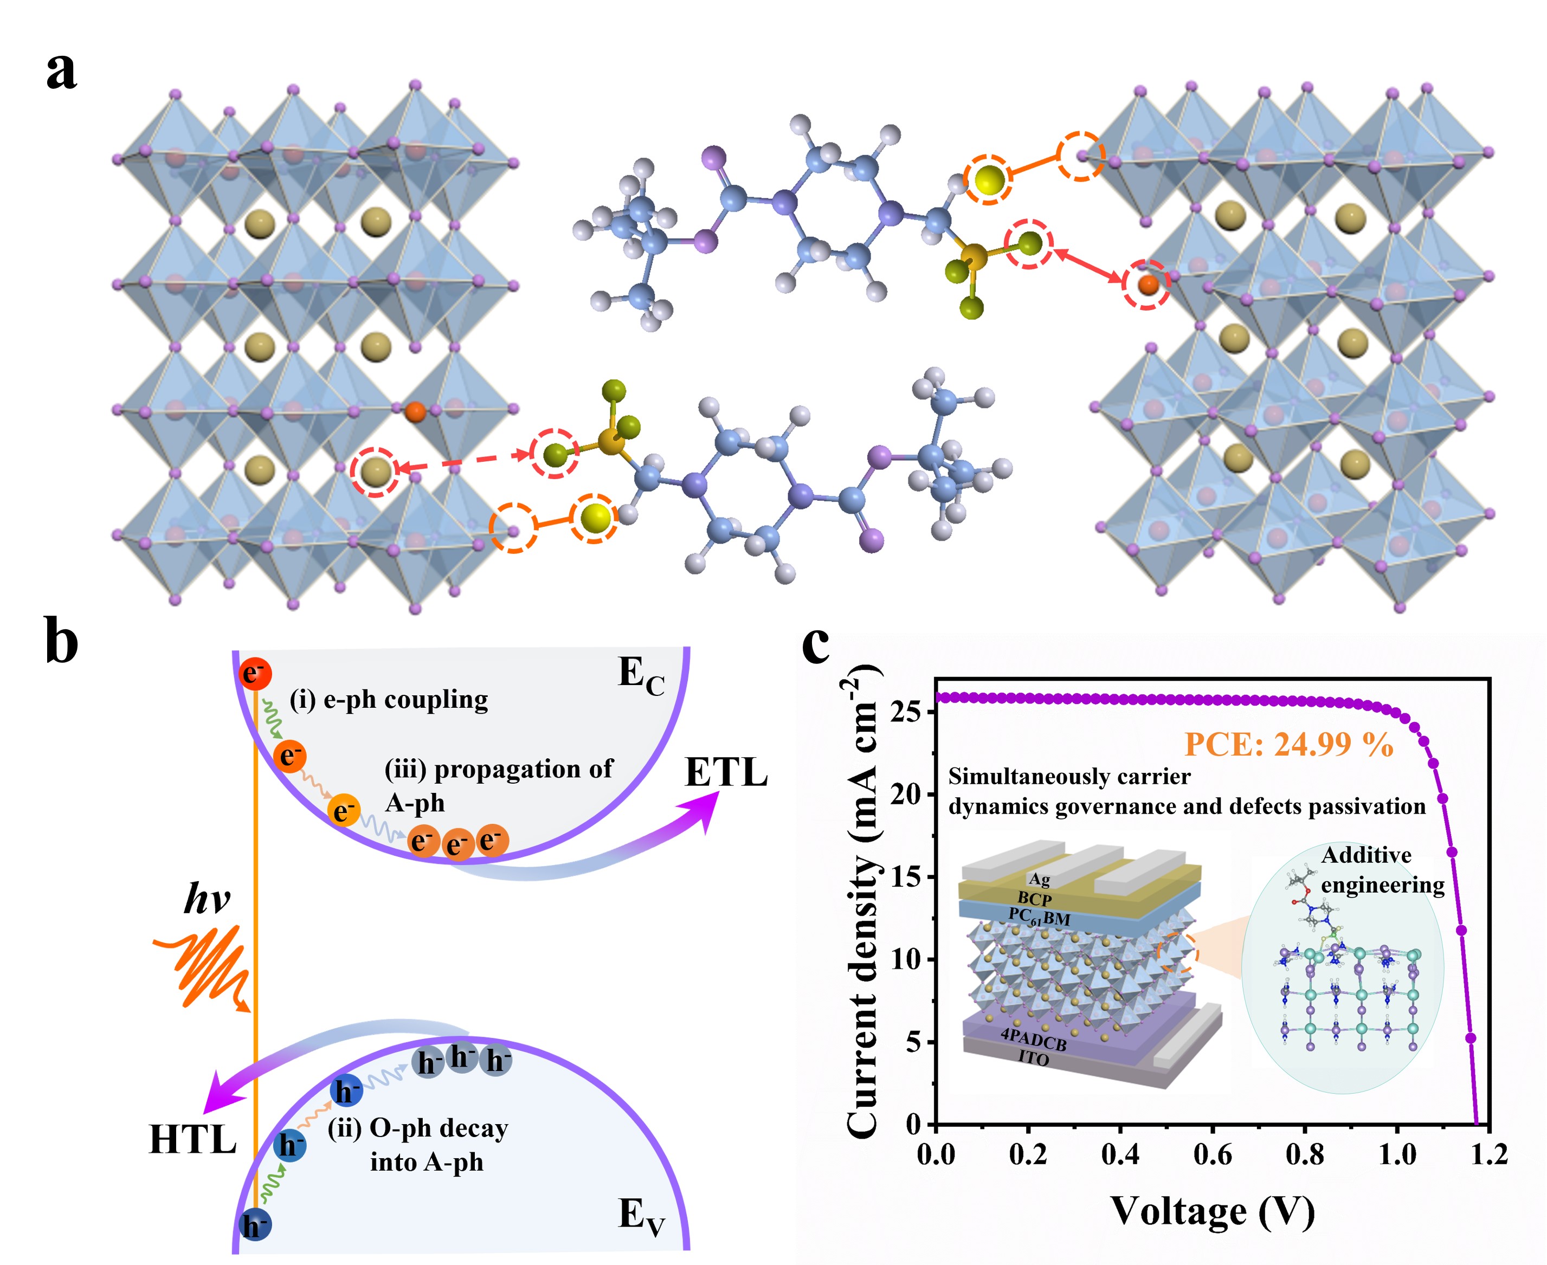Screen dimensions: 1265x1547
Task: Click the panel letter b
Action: pyautogui.click(x=61, y=642)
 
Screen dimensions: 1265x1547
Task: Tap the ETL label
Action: pyautogui.click(x=726, y=772)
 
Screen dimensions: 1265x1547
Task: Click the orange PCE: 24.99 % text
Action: pyautogui.click(x=1288, y=744)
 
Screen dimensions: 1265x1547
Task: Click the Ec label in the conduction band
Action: pyautogui.click(x=641, y=675)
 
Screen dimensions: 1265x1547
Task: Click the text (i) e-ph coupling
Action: pyautogui.click(x=389, y=700)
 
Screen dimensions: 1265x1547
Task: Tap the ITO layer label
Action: pyautogui.click(x=1033, y=1057)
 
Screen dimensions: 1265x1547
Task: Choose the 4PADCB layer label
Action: pyautogui.click(x=1033, y=1039)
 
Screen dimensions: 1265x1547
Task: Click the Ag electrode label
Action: pyautogui.click(x=1039, y=879)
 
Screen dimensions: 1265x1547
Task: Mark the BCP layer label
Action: pyautogui.click(x=1035, y=899)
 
